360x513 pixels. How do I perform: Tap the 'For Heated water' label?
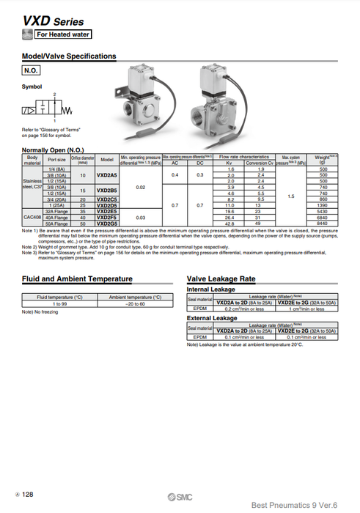click(65, 34)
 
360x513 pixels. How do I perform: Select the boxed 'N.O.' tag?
click(31, 71)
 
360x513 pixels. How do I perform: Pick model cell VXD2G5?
click(107, 223)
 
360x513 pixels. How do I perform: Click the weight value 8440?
click(321, 223)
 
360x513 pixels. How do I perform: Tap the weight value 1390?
click(321, 205)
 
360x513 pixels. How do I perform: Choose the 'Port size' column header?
click(56, 159)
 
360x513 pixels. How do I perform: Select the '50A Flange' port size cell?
click(56, 223)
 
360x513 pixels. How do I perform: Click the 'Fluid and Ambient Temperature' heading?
click(78, 279)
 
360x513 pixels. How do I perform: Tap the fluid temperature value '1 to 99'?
click(60, 303)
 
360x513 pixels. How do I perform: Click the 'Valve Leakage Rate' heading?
click(221, 279)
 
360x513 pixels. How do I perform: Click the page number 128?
click(26, 495)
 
